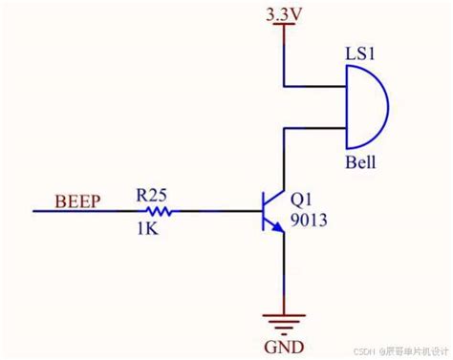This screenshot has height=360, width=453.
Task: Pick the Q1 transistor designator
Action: tap(300, 201)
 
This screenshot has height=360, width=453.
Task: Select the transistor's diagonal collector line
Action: tap(274, 196)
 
